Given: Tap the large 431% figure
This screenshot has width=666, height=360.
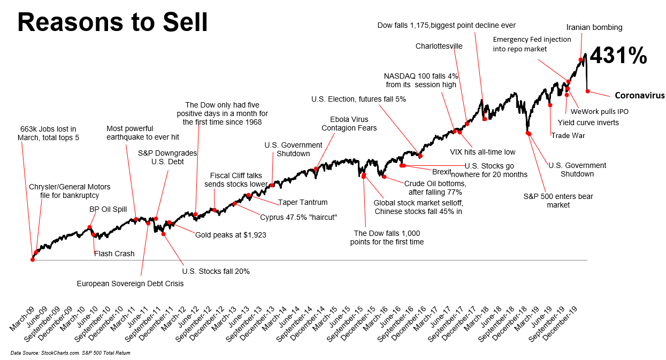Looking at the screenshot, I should (618, 56).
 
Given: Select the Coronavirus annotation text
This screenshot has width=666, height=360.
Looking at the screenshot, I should (639, 96).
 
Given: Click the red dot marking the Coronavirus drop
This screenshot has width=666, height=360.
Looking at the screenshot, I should (587, 91).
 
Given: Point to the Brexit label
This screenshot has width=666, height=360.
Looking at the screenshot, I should (442, 172).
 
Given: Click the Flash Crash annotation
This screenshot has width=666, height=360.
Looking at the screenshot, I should (114, 254).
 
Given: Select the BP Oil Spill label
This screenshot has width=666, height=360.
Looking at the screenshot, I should (108, 209).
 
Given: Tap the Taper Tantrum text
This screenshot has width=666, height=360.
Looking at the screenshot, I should (303, 203).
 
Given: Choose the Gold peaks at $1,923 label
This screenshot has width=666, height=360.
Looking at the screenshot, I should (231, 234).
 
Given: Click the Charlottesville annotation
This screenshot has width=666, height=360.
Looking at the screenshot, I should (439, 46).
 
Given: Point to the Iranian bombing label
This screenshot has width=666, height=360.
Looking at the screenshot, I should (594, 27).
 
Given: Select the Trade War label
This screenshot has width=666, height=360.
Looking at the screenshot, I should (568, 135).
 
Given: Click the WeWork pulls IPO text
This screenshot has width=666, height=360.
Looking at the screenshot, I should (599, 112).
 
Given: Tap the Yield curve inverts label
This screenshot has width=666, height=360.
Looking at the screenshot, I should (592, 122).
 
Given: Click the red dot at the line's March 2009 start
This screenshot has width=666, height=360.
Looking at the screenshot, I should (33, 259).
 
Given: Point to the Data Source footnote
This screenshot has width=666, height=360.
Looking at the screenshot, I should (70, 353).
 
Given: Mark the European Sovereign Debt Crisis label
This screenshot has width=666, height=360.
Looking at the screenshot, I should (130, 284).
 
